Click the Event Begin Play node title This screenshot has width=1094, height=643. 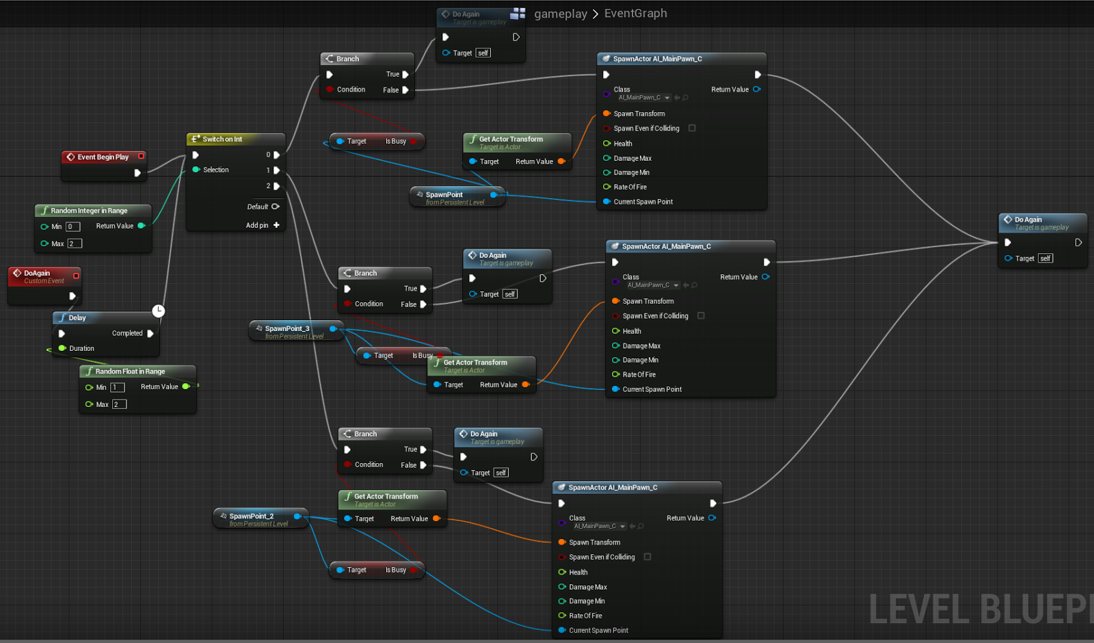point(103,157)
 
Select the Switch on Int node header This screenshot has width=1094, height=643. point(222,139)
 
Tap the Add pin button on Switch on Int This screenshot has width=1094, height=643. point(276,225)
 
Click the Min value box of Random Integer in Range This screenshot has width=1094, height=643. point(72,226)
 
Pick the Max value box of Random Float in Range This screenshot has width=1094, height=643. point(119,404)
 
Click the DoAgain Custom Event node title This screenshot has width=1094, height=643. point(38,274)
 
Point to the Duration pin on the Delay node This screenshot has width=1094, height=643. point(62,348)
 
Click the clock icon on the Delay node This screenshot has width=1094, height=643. point(159,311)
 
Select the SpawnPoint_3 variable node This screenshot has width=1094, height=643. point(287,329)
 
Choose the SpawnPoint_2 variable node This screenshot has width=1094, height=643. point(252,516)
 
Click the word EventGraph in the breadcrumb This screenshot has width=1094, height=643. point(635,14)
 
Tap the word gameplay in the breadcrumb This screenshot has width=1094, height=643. point(560,14)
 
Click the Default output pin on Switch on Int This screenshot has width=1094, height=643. point(276,207)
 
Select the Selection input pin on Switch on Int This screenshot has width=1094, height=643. point(196,170)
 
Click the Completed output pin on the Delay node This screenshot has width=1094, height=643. point(150,334)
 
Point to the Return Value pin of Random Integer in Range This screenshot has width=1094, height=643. point(142,226)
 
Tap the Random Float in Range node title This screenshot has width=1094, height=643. point(130,371)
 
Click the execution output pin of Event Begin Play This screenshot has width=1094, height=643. point(137,173)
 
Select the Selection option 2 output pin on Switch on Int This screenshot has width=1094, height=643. point(276,186)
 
